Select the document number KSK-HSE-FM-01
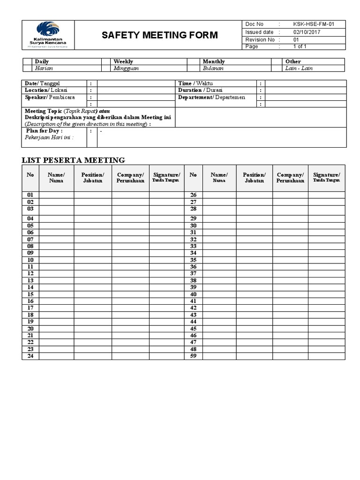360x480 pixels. [313, 24]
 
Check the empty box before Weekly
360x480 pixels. [106, 61]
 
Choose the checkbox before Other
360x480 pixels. [277, 61]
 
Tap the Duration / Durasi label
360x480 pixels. [200, 90]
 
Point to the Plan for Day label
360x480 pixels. [44, 131]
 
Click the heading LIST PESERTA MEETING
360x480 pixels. [74, 160]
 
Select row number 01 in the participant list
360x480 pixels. [30, 195]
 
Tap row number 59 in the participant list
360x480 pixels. [193, 356]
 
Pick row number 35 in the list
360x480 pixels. [193, 260]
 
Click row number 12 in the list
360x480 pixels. [30, 273]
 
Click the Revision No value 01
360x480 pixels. [296, 40]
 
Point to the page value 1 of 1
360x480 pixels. [300, 46]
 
